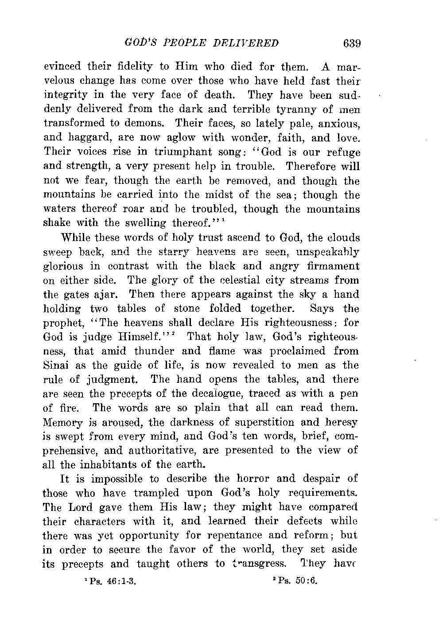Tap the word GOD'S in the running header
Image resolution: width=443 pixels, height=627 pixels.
pos(133,43)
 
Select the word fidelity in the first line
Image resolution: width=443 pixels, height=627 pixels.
pos(133,67)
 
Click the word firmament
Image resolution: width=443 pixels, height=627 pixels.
pos(333,266)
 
